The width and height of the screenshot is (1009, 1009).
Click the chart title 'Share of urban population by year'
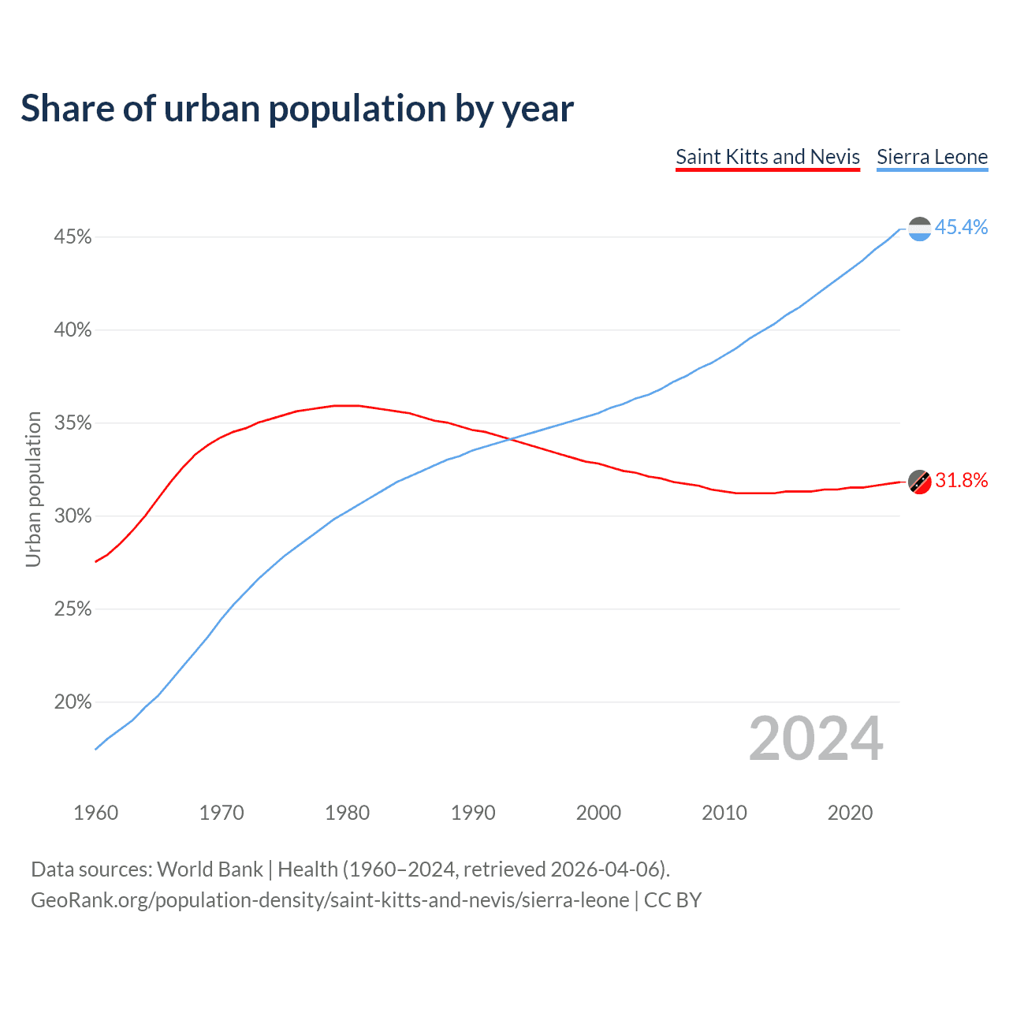(297, 109)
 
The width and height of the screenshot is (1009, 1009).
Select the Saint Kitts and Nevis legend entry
(767, 157)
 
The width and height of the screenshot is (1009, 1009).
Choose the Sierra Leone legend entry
(932, 157)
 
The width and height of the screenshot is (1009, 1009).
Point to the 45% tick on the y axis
(73, 237)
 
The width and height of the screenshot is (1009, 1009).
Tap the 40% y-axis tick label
(73, 330)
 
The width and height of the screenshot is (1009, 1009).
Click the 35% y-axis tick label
(73, 423)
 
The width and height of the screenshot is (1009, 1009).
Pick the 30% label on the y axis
(73, 516)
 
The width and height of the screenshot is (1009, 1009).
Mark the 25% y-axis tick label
(73, 609)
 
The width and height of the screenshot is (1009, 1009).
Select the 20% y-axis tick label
(73, 702)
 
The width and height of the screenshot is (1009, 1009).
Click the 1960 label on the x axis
(95, 813)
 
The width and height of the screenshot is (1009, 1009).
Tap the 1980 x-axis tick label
(347, 813)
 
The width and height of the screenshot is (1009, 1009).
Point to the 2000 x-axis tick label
(598, 813)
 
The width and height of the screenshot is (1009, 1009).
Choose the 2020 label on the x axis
(850, 813)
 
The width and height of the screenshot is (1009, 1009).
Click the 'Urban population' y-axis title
(33, 489)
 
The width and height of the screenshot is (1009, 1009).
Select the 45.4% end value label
(961, 228)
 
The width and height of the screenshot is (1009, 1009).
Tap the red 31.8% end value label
(961, 481)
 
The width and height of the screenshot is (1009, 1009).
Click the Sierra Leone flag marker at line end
(919, 229)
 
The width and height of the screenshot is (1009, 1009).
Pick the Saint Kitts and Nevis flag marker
(919, 481)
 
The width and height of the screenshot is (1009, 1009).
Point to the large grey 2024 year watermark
(816, 739)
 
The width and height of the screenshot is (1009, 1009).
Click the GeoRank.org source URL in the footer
(330, 900)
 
